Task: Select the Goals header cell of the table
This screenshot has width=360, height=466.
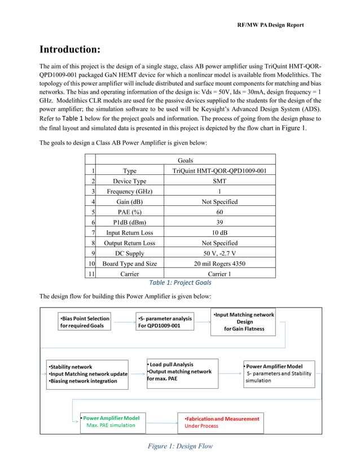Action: click(185, 161)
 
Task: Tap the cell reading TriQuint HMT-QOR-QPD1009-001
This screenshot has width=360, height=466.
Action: click(219, 171)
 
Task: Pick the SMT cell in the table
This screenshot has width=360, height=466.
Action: click(219, 181)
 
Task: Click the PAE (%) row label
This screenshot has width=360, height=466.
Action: click(129, 212)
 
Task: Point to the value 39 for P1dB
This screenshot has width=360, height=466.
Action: click(219, 222)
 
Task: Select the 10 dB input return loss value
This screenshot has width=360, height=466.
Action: click(219, 232)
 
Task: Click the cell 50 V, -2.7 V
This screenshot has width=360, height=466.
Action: click(219, 253)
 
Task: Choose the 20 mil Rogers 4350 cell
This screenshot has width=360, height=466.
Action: click(219, 263)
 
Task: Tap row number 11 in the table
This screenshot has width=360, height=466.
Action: click(90, 274)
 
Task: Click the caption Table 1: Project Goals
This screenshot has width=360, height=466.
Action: click(180, 283)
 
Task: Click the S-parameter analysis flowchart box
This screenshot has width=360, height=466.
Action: click(165, 322)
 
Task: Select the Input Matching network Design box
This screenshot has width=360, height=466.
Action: click(244, 322)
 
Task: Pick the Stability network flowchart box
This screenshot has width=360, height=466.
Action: click(87, 374)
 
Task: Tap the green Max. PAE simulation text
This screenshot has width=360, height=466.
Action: click(111, 425)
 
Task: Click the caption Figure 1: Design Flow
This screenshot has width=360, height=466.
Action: click(180, 447)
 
